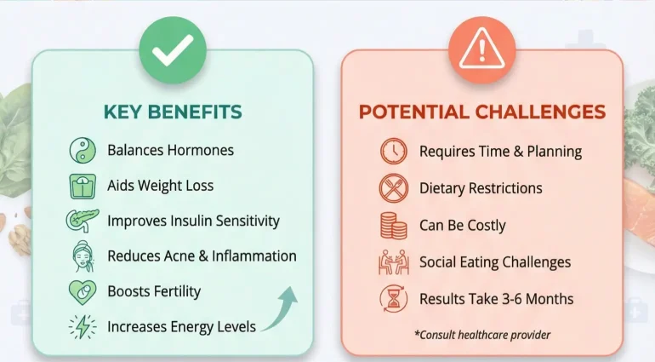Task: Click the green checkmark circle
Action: tap(173, 52)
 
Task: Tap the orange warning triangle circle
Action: tap(481, 52)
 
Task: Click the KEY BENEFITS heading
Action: tap(173, 112)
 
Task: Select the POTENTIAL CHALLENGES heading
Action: tap(481, 112)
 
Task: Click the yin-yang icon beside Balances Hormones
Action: tap(82, 151)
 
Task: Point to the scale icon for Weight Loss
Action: tap(82, 186)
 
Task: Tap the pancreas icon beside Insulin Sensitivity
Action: tap(82, 221)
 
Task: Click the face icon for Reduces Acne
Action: tap(82, 256)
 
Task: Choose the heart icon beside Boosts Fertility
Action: tap(82, 291)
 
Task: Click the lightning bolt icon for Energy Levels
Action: tap(82, 326)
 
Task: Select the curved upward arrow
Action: tap(281, 308)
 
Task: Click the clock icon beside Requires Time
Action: tap(393, 152)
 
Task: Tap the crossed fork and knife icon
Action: tap(393, 188)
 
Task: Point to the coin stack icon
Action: tap(393, 226)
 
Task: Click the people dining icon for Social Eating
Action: tap(393, 262)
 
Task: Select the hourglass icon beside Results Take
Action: tap(393, 299)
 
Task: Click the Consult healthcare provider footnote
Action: tap(482, 335)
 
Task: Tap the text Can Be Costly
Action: tap(462, 226)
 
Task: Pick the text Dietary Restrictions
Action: tap(481, 188)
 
